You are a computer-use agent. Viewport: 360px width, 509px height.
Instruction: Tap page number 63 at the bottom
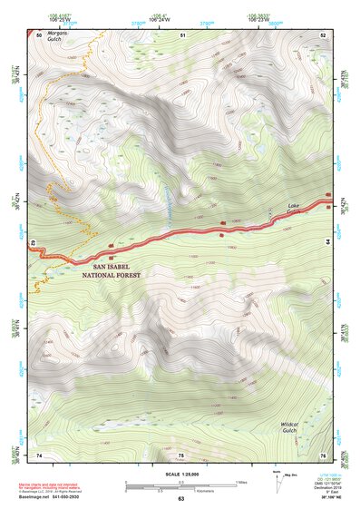tap(180, 498)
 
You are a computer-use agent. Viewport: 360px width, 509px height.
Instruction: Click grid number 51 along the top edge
tap(182, 34)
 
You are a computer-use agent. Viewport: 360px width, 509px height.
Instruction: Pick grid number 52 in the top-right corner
tap(323, 34)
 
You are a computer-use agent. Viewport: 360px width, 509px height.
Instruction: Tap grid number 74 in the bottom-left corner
tap(39, 454)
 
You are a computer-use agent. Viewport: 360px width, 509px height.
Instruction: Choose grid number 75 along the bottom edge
tap(180, 454)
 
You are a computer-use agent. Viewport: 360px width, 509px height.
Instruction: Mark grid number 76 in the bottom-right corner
tap(323, 454)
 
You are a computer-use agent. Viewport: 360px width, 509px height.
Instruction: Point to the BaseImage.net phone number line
tap(44, 496)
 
